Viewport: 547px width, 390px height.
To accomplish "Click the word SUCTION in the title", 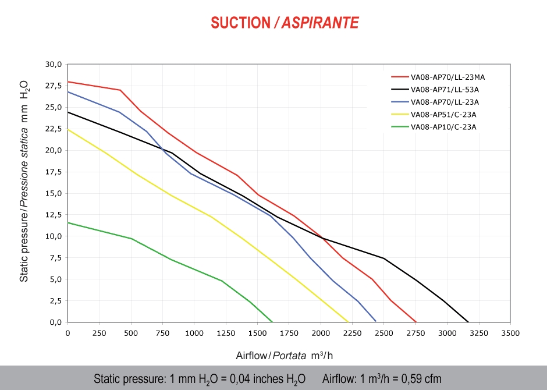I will click(x=239, y=23).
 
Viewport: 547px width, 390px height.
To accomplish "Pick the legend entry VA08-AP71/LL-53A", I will click(x=445, y=90).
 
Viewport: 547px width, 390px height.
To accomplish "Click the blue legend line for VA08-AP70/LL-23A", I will click(x=399, y=102).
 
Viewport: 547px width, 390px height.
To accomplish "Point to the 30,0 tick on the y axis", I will click(x=53, y=64).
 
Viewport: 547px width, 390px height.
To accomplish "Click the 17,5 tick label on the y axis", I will click(x=53, y=172).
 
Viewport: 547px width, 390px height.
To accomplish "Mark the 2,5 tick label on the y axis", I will click(x=55, y=300).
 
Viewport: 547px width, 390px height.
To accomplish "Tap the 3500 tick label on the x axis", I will click(x=510, y=333).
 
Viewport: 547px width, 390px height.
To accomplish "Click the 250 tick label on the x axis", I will click(x=99, y=333).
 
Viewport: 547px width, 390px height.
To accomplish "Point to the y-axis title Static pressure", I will click(x=24, y=180).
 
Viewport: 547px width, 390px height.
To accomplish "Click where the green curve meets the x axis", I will click(x=272, y=321).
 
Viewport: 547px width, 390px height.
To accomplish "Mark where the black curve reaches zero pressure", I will click(x=468, y=321).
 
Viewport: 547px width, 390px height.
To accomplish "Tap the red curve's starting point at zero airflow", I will click(x=68, y=81).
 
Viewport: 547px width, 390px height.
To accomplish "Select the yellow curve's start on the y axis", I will click(x=68, y=129).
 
